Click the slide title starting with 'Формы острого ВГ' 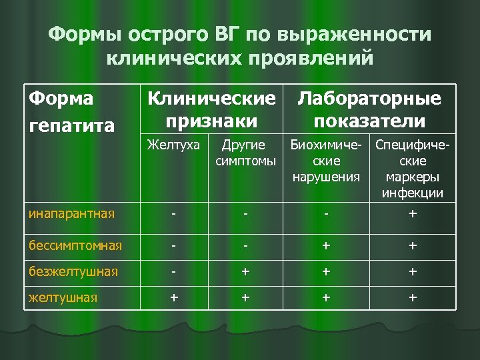(x=240, y=46)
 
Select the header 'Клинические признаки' (x=211, y=109)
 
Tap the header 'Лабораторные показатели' (x=369, y=109)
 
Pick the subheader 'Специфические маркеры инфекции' (x=413, y=169)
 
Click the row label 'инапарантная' (x=71, y=214)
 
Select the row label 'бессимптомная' (x=75, y=245)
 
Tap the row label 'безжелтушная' (x=73, y=271)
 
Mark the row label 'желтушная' (x=63, y=297)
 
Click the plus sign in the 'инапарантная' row (x=413, y=215)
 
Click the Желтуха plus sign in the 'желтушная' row (x=174, y=297)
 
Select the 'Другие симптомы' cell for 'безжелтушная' (x=245, y=271)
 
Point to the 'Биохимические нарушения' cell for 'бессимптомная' (x=326, y=245)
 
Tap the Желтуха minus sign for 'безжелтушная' (x=174, y=271)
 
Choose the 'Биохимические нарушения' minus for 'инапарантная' (x=326, y=215)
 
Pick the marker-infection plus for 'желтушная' (x=413, y=297)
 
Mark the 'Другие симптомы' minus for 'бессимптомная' (x=245, y=245)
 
